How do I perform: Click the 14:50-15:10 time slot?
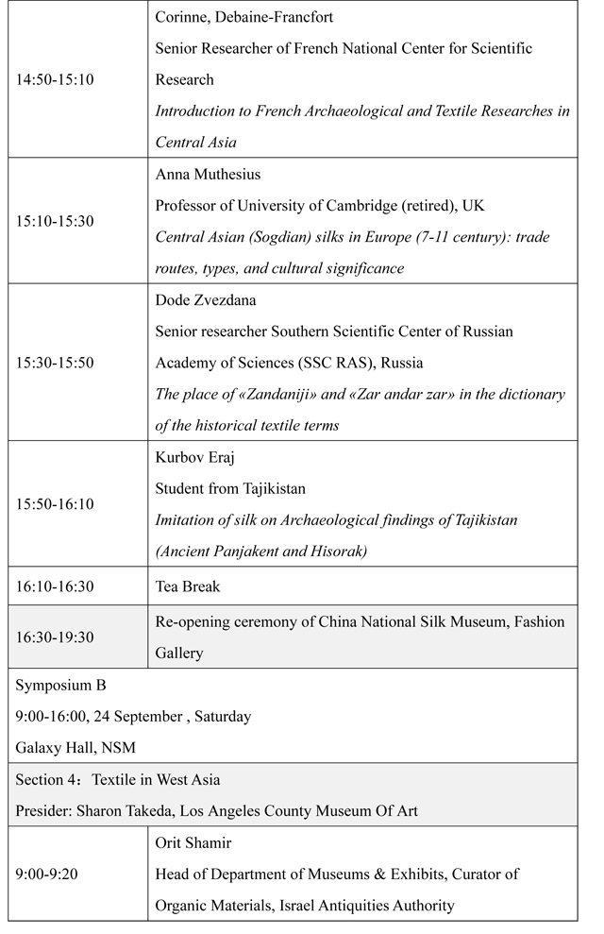[55, 79]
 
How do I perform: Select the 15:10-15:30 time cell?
[55, 221]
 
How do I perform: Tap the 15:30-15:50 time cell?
[55, 363]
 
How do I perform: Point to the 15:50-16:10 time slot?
[55, 504]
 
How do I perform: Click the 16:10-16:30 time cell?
[55, 586]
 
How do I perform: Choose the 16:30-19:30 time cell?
[55, 637]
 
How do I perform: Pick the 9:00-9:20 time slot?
[46, 875]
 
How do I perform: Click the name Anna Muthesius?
[208, 174]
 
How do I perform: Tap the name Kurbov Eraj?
[196, 457]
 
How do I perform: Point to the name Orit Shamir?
[193, 843]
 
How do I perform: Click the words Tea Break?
[188, 586]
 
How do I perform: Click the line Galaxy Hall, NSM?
[75, 748]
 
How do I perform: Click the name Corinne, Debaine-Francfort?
[244, 17]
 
